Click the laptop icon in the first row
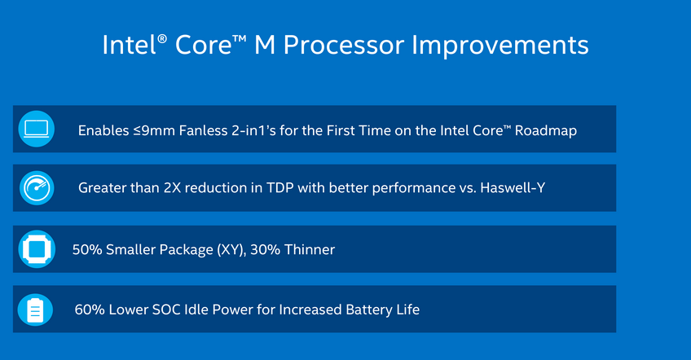[x=36, y=129]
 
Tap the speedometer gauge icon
[x=37, y=188]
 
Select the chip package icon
[x=37, y=249]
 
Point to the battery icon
[x=35, y=310]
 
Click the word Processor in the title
[x=343, y=45]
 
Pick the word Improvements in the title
[x=500, y=46]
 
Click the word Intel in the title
[x=130, y=45]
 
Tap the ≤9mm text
[x=154, y=130]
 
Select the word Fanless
[x=203, y=130]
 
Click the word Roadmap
[x=546, y=130]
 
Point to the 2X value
[x=172, y=187]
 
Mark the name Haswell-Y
[x=513, y=187]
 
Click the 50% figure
[x=87, y=249]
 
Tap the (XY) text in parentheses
[x=231, y=250]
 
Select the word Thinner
[x=310, y=249]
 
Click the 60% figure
[x=90, y=310]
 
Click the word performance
[x=414, y=188]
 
